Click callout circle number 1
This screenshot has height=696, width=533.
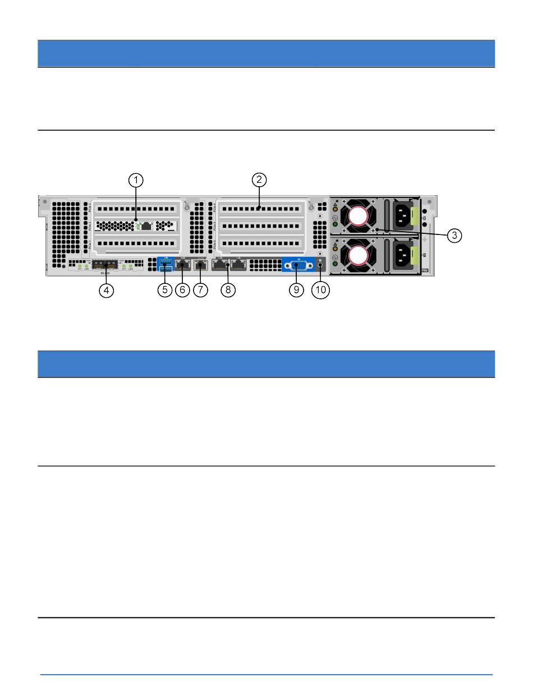136,180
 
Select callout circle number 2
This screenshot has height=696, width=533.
259,180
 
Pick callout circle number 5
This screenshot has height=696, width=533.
164,291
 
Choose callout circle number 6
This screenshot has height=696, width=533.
182,291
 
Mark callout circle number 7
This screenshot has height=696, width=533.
200,291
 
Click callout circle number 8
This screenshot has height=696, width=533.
228,291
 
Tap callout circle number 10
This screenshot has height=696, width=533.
320,291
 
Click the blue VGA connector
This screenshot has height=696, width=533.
296,265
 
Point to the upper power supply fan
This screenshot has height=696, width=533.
357,215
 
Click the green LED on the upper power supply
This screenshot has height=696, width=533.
336,224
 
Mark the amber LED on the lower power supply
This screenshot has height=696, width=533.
336,250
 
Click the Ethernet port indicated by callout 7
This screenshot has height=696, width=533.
200,265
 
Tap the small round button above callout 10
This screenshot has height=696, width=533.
320,266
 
